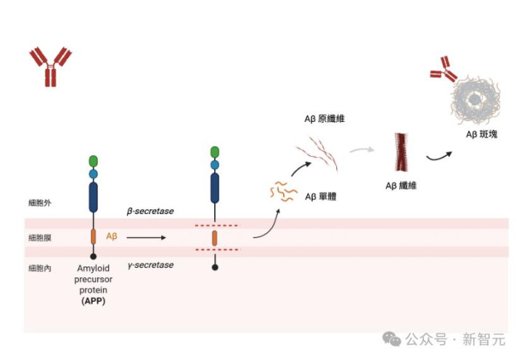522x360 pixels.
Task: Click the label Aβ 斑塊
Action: pos(481,135)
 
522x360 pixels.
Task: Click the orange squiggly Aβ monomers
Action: pos(282,191)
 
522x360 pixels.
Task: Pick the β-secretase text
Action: pos(150,210)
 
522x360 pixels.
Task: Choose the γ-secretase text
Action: pos(150,265)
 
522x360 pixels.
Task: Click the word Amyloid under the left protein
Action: pos(93,269)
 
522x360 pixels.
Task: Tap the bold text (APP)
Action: pos(93,300)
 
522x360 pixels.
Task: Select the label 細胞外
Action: pos(40,204)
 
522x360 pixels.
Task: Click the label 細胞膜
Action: pos(40,237)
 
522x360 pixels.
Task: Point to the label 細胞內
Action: pos(40,269)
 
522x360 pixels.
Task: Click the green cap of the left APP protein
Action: pos(93,160)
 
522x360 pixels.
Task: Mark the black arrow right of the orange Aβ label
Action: pos(146,237)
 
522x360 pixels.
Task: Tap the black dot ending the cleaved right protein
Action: pos(214,267)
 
